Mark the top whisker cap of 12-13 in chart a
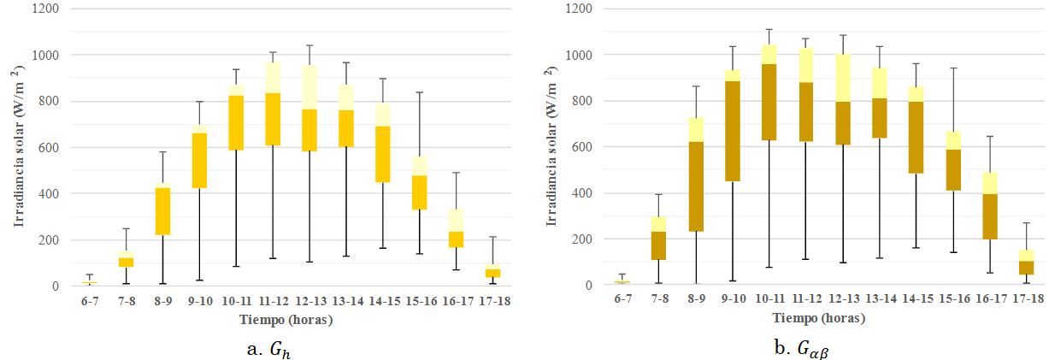tap(309, 45)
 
